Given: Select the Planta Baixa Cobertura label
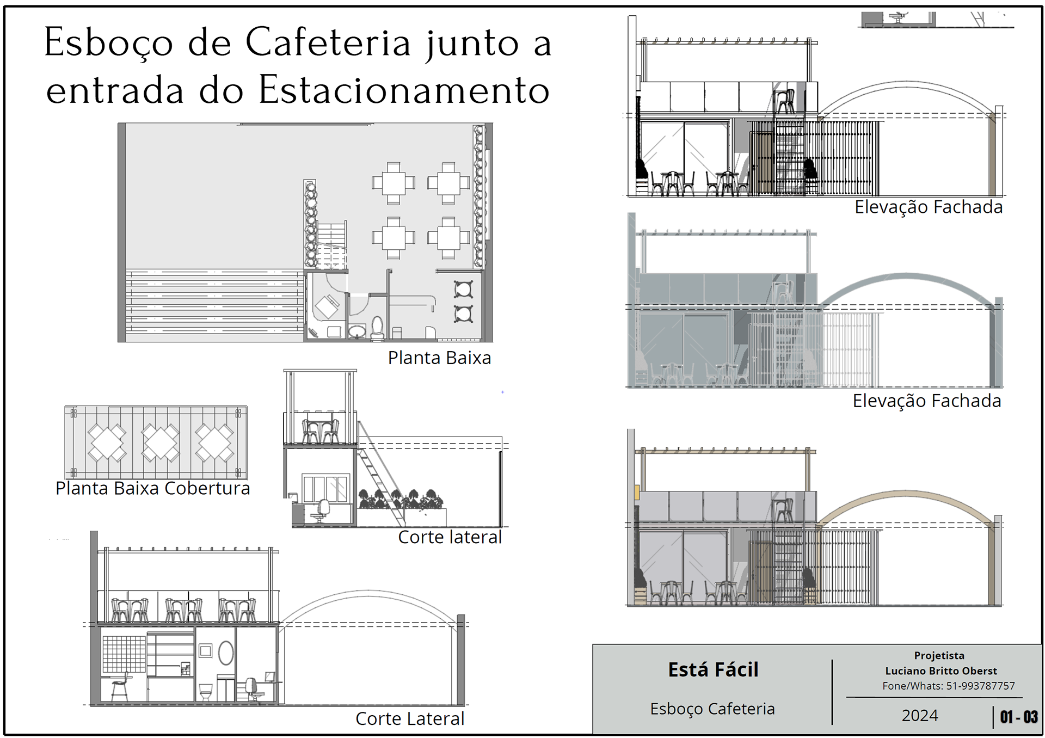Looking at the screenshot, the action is click(x=152, y=488).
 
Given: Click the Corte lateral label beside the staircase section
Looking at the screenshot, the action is click(x=450, y=537).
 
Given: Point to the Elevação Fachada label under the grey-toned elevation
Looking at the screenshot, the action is click(x=926, y=401).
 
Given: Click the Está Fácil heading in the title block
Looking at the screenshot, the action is click(x=713, y=670).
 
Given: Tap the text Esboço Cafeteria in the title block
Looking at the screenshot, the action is click(x=712, y=709).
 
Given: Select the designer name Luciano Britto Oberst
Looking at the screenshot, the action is click(x=941, y=671).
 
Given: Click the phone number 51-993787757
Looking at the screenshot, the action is click(x=980, y=686).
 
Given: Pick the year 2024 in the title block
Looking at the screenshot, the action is click(x=920, y=716).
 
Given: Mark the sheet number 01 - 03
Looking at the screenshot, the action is click(x=1018, y=717).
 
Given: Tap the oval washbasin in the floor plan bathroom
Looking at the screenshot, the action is click(x=357, y=331).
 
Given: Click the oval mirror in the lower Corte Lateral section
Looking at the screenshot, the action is click(x=226, y=653).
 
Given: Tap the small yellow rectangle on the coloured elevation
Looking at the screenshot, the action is click(x=637, y=492).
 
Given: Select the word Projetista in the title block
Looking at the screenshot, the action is click(x=939, y=656).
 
